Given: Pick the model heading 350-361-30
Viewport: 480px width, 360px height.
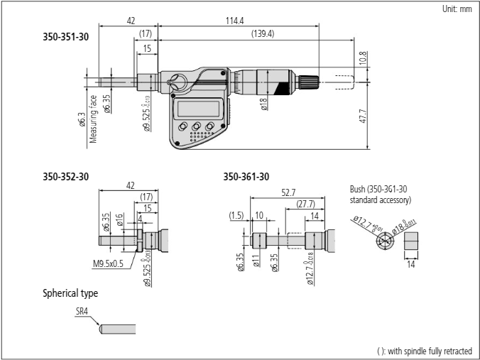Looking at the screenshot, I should click(246, 175).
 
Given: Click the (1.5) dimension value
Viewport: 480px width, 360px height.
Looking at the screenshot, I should click(236, 214).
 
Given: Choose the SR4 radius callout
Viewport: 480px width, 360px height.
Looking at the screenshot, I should click(82, 310).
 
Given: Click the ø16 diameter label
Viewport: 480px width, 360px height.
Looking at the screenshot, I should click(121, 217).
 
